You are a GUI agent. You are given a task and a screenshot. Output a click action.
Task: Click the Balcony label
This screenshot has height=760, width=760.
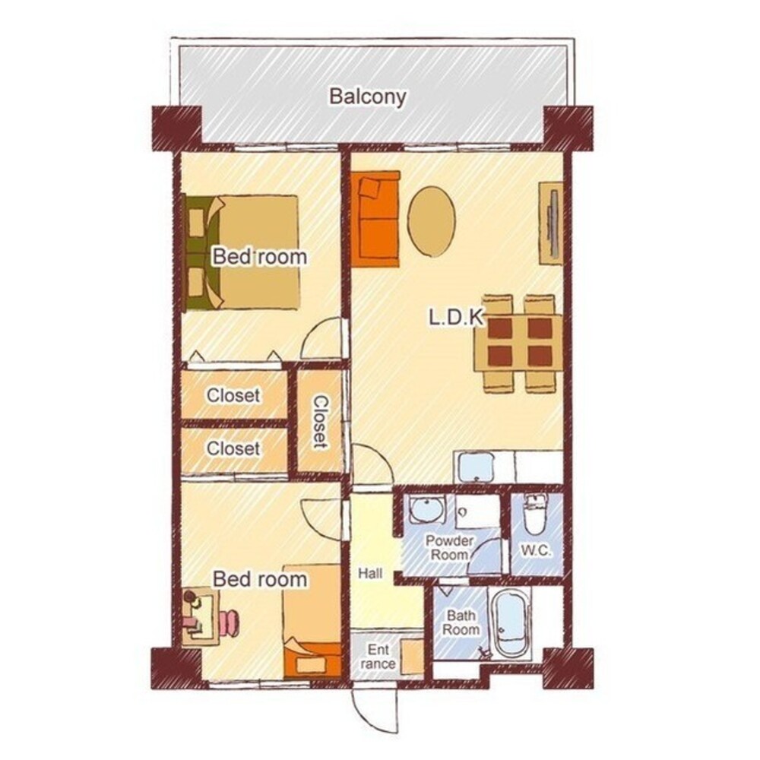click(x=367, y=97)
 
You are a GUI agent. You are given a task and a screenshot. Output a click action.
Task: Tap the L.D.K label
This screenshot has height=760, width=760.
click(x=456, y=318)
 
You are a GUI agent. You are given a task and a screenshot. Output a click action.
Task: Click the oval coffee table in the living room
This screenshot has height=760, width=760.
click(x=432, y=221)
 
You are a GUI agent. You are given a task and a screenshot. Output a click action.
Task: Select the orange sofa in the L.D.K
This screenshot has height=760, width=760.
click(x=375, y=219)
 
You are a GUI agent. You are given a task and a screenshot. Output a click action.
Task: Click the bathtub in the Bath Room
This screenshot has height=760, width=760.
click(x=511, y=622)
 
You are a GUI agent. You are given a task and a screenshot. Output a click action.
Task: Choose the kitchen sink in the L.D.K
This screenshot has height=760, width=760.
click(x=476, y=467)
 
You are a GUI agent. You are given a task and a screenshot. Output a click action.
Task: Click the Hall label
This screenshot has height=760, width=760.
click(x=370, y=574)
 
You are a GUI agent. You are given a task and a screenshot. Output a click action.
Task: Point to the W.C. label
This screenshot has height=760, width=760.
click(x=536, y=550)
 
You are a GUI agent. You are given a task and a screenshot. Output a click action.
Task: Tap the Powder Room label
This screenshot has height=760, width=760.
click(x=449, y=548)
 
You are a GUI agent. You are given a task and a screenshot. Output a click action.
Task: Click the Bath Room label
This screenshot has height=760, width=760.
click(x=461, y=623)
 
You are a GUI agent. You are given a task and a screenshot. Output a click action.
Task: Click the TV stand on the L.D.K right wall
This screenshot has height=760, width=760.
click(x=551, y=223)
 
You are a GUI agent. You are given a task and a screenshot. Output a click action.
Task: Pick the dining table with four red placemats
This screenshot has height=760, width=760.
click(x=519, y=343)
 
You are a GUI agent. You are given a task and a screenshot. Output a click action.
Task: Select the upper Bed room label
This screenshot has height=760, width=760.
click(x=260, y=256)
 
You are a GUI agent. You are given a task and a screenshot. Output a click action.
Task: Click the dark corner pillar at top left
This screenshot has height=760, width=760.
click(x=176, y=128)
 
